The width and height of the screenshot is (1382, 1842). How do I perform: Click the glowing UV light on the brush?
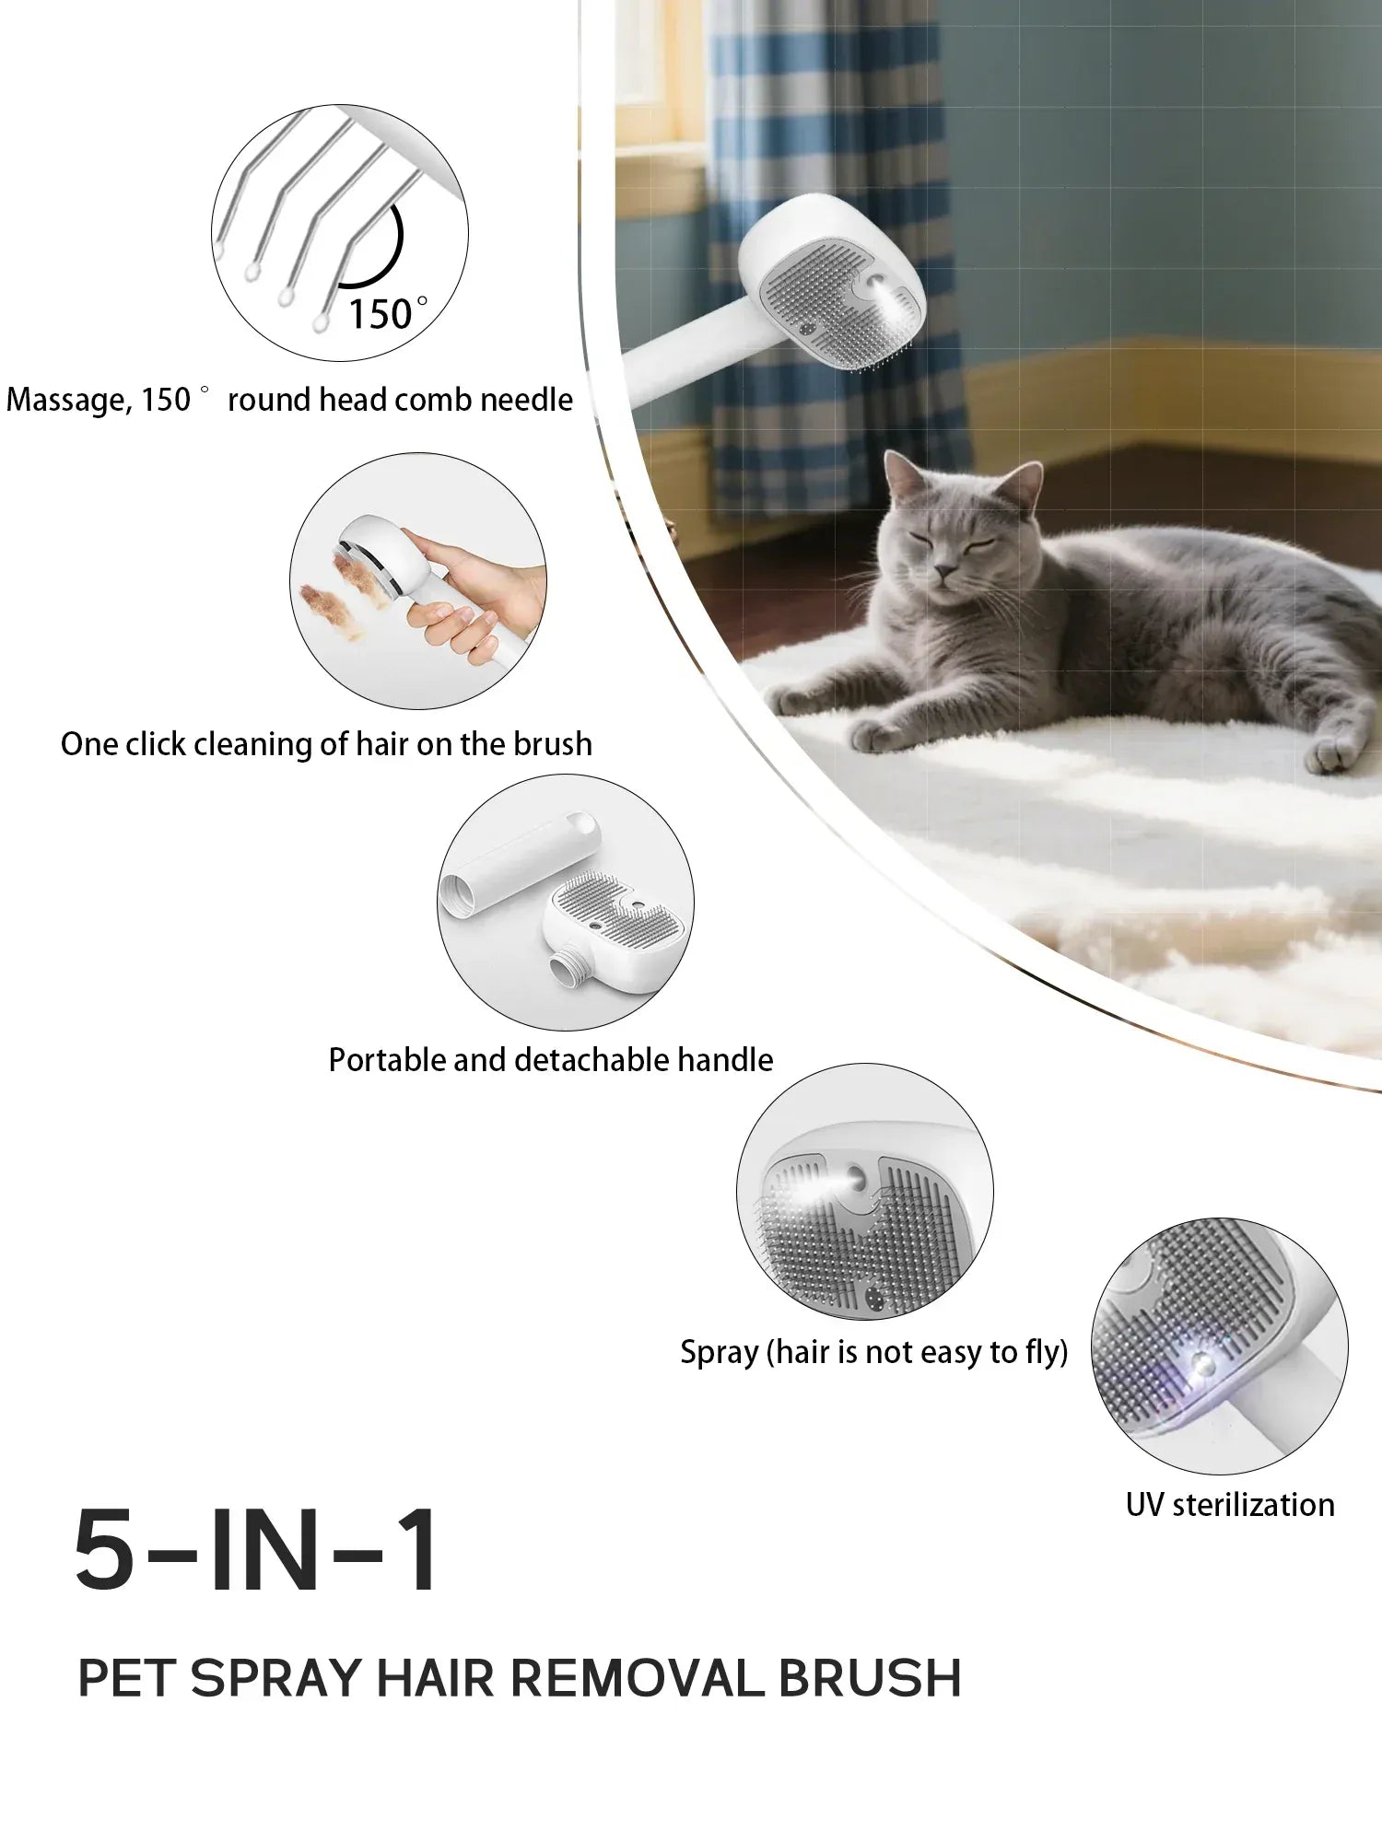(1201, 1360)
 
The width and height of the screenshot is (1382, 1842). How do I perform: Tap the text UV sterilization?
(1230, 1505)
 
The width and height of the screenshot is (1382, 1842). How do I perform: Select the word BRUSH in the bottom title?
(870, 1677)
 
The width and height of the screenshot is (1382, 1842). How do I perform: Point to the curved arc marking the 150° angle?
(392, 249)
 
